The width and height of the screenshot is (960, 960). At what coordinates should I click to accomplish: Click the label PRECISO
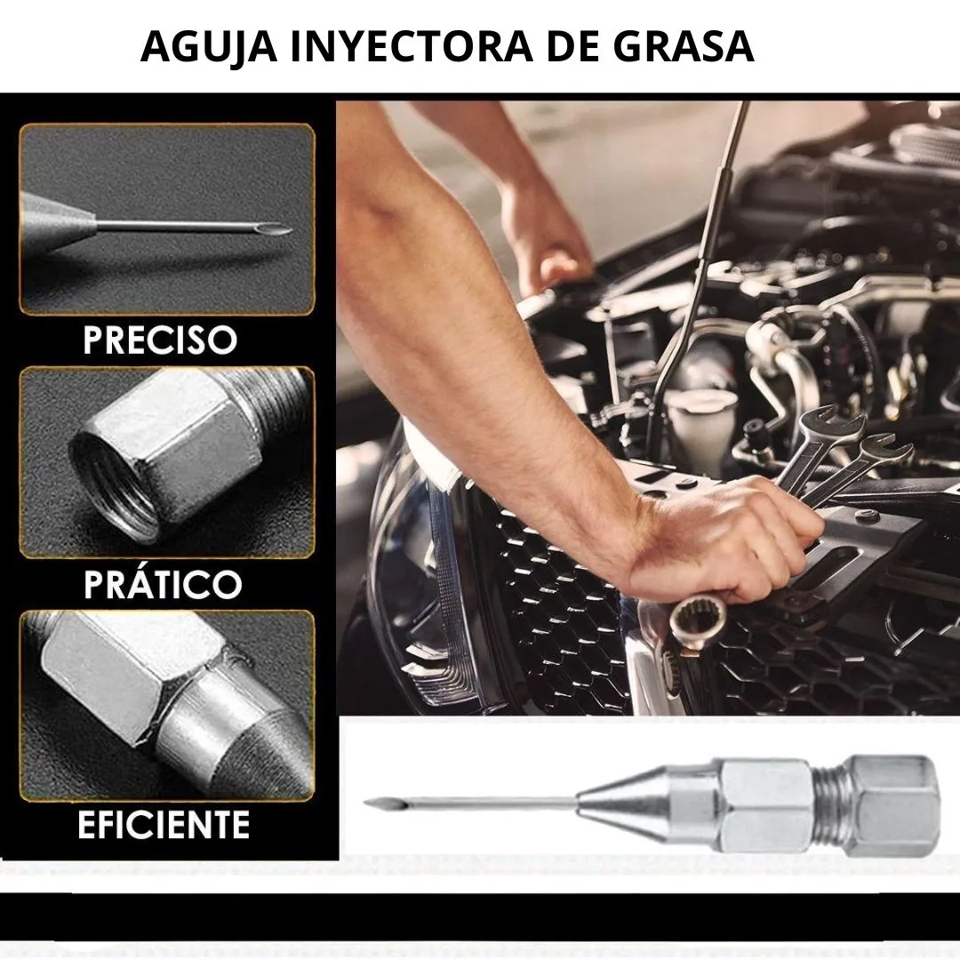tap(160, 340)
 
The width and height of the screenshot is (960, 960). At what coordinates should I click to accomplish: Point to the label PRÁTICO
tap(163, 583)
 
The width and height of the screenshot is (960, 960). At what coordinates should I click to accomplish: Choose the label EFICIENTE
tap(164, 824)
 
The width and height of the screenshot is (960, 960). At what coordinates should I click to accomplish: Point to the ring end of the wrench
tap(698, 620)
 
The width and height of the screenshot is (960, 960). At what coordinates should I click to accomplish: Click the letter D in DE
tap(560, 46)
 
